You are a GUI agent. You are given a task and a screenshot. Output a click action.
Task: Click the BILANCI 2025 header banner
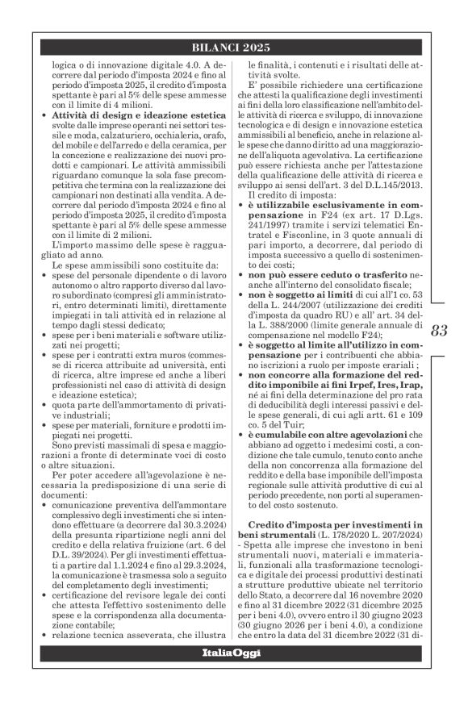click(233, 48)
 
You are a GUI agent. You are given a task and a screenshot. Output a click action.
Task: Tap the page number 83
click(439, 329)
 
